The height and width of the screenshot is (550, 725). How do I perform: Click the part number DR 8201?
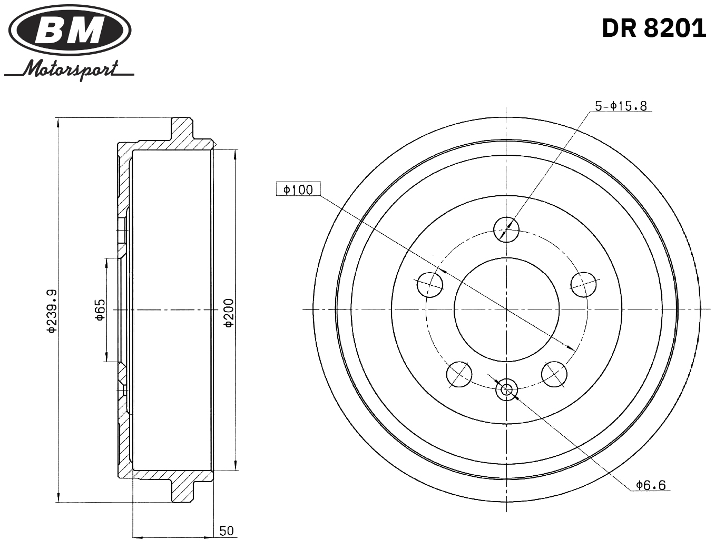(x=653, y=28)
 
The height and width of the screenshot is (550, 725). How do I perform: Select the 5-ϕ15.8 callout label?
(x=621, y=106)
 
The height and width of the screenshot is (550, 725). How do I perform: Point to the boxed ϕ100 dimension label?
(x=298, y=189)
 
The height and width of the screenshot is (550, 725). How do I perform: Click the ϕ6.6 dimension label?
(x=651, y=485)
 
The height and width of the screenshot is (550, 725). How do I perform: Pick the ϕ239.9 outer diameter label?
(x=51, y=311)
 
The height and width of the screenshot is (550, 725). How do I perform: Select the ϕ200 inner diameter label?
(x=229, y=313)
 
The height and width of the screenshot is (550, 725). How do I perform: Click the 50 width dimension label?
(x=227, y=531)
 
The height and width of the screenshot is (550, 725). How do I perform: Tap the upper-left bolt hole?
(x=429, y=285)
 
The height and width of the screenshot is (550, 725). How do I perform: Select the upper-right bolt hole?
(x=584, y=285)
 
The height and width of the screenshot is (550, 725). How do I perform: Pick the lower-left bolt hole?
(x=459, y=374)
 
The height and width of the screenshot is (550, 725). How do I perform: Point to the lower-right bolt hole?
(x=554, y=374)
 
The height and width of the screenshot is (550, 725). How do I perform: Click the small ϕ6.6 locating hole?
(x=506, y=390)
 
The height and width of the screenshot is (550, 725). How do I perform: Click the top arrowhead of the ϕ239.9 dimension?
(x=57, y=123)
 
